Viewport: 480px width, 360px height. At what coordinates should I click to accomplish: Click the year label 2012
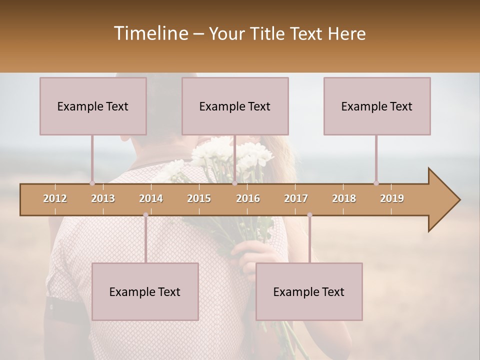click(x=55, y=198)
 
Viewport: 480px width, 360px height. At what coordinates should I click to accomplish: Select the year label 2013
click(x=103, y=198)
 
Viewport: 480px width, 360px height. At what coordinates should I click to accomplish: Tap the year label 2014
click(x=151, y=198)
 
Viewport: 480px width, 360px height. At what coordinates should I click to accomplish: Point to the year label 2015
click(x=199, y=198)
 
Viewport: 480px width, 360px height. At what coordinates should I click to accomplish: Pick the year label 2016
click(x=248, y=198)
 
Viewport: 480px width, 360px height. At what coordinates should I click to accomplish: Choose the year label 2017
click(x=296, y=198)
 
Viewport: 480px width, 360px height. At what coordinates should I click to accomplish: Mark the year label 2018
click(x=344, y=198)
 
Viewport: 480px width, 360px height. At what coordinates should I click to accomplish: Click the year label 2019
click(x=392, y=198)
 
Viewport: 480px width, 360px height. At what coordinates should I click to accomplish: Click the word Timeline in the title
click(x=150, y=33)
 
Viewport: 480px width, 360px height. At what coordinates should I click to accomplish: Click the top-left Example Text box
click(x=93, y=106)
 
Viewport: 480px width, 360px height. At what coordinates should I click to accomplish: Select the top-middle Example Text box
click(x=235, y=106)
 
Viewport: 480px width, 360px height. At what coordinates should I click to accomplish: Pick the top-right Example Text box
click(x=377, y=106)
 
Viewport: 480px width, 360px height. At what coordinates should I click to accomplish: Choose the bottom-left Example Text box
click(x=145, y=291)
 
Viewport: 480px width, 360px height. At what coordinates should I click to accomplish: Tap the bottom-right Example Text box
click(x=309, y=291)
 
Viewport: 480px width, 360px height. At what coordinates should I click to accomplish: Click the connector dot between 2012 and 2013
click(x=92, y=183)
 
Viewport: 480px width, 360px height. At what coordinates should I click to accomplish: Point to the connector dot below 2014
click(x=146, y=215)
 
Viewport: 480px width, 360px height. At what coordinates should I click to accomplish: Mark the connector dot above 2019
click(x=376, y=183)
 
